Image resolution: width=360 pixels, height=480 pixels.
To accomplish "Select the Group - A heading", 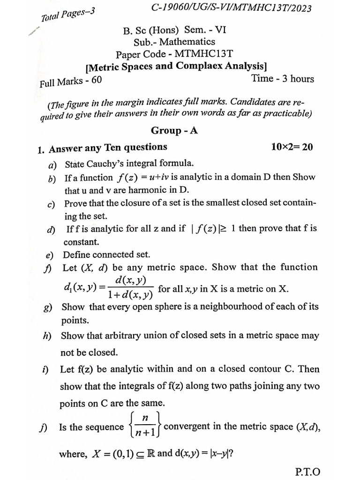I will (x=174, y=131).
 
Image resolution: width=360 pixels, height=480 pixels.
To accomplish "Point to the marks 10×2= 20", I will (x=292, y=147).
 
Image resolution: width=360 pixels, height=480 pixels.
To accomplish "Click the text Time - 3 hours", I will (x=283, y=79).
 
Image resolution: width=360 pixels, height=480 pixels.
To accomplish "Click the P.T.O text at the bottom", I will (x=307, y=471).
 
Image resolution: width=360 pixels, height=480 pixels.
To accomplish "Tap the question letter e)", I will (x=49, y=255).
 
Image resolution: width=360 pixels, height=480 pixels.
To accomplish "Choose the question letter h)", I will (x=46, y=336).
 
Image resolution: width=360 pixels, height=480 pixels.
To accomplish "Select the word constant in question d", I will (x=81, y=242).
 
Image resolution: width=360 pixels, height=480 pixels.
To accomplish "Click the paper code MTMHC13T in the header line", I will (x=200, y=54).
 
